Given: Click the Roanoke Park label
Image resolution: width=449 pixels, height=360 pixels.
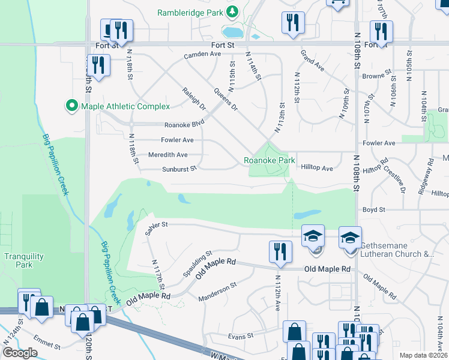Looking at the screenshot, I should (269, 161).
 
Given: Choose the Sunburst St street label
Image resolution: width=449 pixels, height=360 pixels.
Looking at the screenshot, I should (179, 169).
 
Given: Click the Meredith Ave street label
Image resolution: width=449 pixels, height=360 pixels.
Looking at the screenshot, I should (167, 155).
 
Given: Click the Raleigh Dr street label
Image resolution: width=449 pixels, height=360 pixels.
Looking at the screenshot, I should (194, 98).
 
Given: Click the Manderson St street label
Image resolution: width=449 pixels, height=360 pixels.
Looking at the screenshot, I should (218, 290).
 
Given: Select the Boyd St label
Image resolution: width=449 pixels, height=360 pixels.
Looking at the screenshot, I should (373, 210).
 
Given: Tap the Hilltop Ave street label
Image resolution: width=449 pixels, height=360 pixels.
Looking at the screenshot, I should (317, 169).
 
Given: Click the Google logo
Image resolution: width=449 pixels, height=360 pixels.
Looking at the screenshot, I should (20, 353).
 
